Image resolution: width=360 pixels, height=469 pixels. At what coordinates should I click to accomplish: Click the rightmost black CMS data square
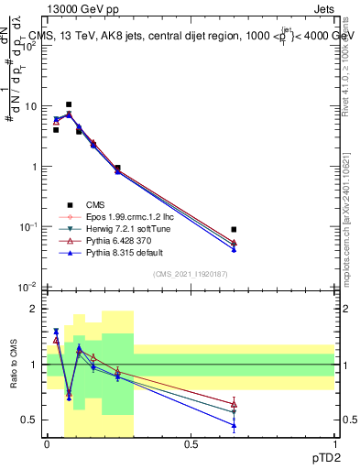(235, 229)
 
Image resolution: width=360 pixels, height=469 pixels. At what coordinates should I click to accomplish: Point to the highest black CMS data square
(69, 104)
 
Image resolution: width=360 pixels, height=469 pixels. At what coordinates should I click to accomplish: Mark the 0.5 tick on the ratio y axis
(34, 420)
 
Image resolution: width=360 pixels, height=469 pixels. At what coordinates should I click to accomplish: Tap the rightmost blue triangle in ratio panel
(235, 425)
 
